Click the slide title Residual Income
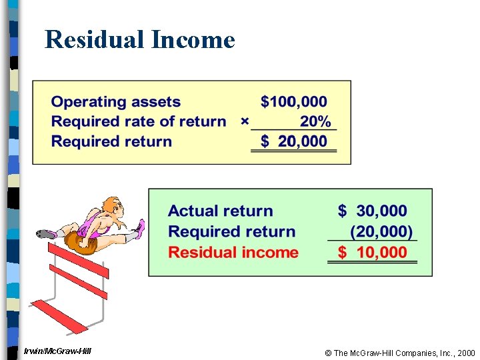140,40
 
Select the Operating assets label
116,102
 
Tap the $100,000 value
294,102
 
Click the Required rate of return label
139,121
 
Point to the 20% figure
315,121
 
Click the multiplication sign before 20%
244,121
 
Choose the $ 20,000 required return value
294,141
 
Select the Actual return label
221,211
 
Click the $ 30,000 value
372,211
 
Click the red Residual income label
233,253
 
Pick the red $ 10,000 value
372,253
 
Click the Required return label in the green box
231,232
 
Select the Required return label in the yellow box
111,141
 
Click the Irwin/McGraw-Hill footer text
57,351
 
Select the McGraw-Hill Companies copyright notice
399,353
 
